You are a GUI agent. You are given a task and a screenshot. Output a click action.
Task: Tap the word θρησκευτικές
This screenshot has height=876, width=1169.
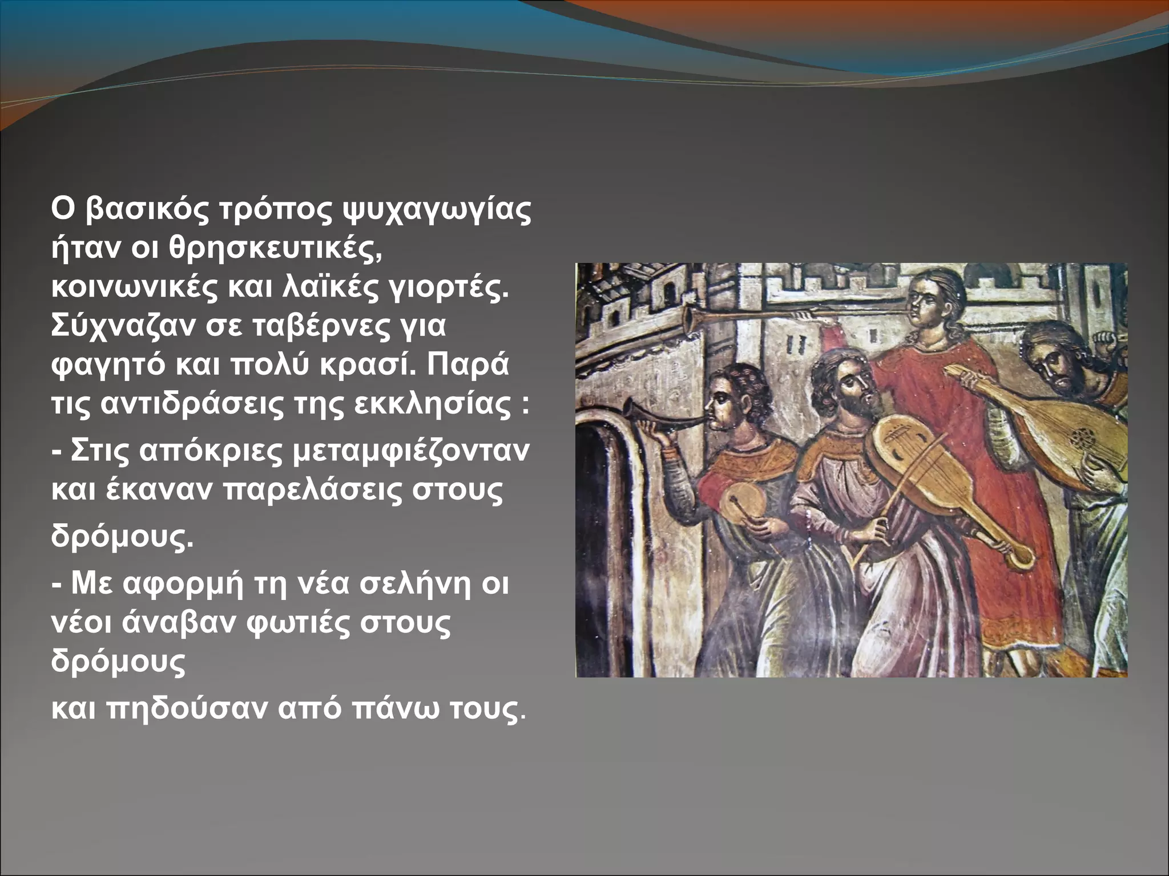point(275,249)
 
